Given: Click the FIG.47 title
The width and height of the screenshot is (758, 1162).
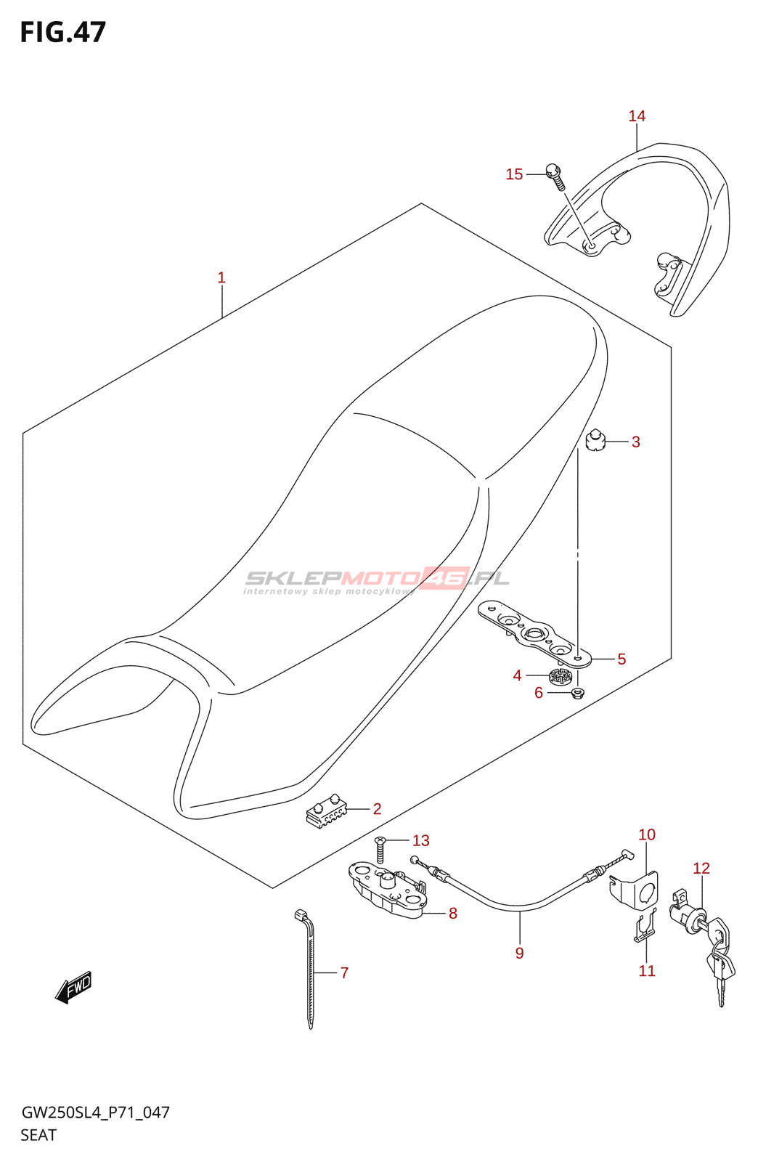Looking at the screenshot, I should point(63,33).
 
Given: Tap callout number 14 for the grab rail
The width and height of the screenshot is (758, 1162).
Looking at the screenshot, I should point(637,116).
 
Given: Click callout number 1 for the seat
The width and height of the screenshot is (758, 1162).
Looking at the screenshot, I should point(221,277).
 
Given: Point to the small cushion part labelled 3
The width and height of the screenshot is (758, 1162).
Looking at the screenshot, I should point(595,441).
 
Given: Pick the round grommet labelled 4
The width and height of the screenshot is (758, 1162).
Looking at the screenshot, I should point(561,678).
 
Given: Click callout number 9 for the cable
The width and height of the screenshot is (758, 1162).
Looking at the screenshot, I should point(519,953).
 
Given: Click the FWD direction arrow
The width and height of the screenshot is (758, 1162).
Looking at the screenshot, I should point(74,988).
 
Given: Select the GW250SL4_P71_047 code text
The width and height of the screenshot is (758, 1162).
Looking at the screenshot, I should point(95,1113).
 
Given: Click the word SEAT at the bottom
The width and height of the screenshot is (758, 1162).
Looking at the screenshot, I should point(38,1135).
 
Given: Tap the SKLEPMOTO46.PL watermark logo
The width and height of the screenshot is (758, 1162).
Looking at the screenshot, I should point(378,580).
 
